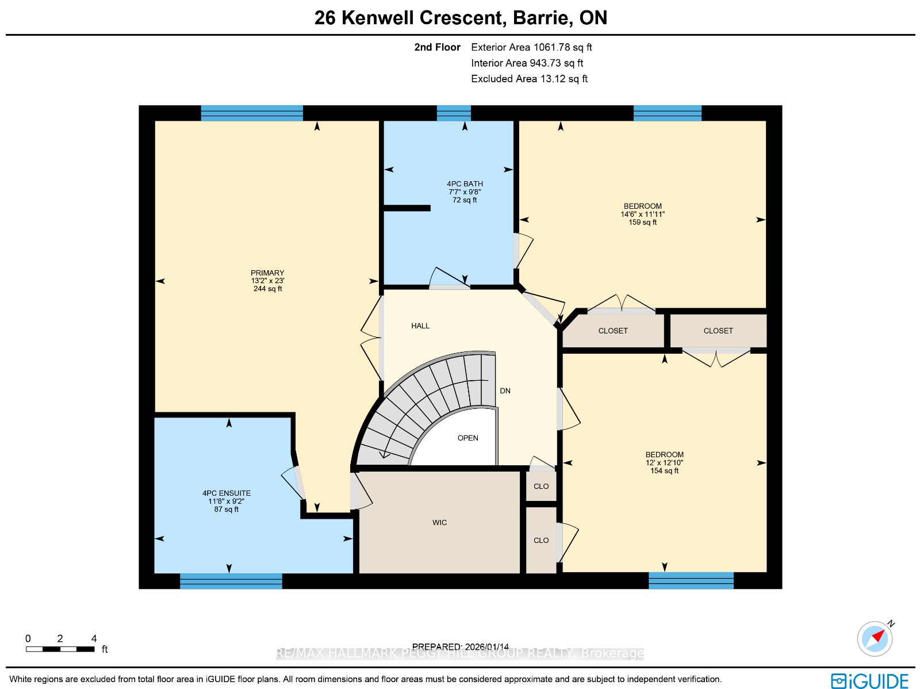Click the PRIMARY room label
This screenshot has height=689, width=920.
point(267,273)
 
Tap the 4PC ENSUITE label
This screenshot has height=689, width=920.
point(227,493)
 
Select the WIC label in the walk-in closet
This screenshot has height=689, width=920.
point(440,523)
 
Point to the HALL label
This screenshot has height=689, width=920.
point(420,326)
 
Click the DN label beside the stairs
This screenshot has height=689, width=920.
point(505,391)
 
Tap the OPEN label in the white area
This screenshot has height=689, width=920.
point(467,438)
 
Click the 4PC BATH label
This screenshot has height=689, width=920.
point(465,183)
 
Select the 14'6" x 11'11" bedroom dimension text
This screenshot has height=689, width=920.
point(642,214)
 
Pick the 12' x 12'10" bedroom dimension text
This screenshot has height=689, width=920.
point(664,462)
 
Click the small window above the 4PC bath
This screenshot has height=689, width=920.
point(454,113)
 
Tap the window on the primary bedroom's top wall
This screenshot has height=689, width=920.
point(252,113)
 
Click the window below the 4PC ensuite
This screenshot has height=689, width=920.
point(231,581)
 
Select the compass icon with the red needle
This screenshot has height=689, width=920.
point(875,639)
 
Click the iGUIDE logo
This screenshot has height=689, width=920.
point(870,680)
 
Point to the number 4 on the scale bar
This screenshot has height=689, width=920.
point(94,638)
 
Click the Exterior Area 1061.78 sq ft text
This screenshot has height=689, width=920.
point(531,47)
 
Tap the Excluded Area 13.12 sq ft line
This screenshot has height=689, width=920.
point(530,79)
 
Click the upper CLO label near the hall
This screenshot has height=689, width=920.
point(541,486)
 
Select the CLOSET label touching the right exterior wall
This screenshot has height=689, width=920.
point(718,331)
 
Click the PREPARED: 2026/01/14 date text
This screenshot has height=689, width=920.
point(460,646)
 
